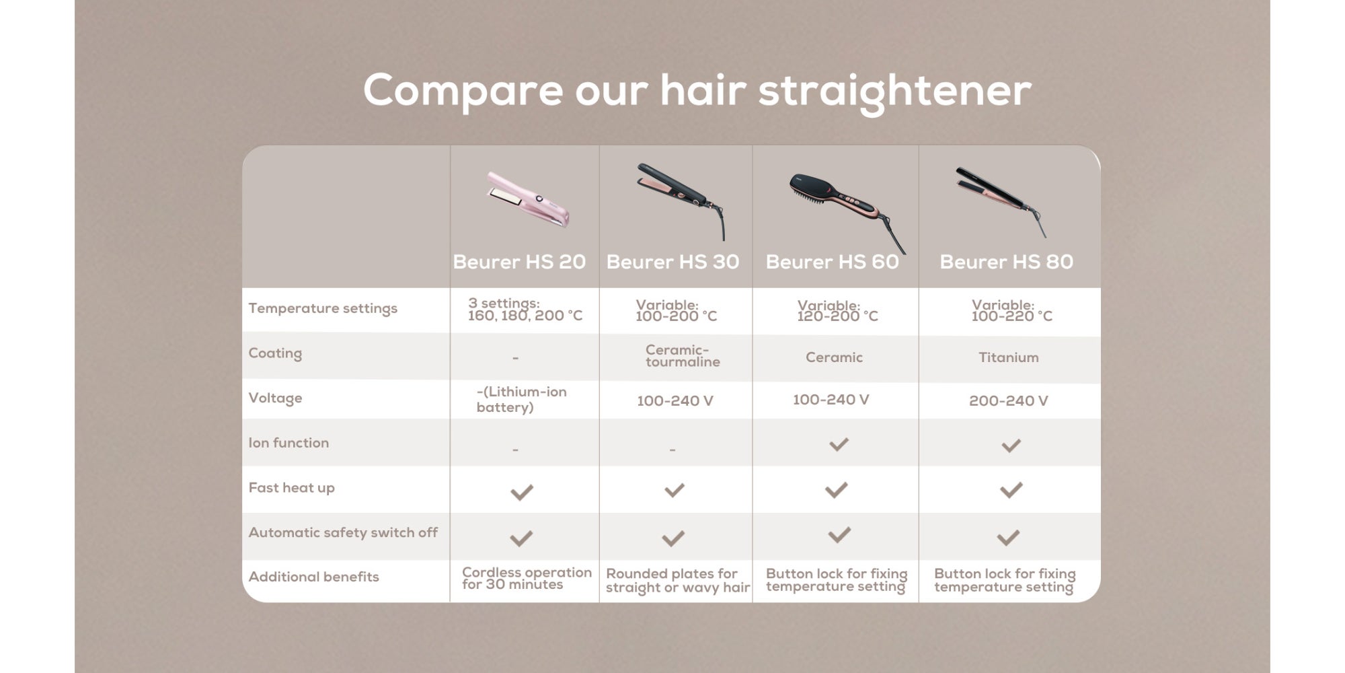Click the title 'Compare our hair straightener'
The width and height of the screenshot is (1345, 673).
[x=697, y=92]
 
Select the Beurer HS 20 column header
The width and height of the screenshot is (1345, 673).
[x=519, y=262]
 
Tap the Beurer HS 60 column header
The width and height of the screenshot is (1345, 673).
[x=832, y=262]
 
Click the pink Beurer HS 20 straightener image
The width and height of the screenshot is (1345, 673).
[x=529, y=199]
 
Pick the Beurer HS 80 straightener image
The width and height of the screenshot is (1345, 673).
[x=1001, y=201]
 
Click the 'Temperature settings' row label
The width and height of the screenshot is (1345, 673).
[x=323, y=309]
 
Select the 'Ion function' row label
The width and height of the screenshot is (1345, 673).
[x=289, y=443]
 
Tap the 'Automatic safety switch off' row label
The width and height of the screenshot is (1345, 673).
[x=343, y=532]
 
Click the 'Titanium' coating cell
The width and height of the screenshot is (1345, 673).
[x=1008, y=357]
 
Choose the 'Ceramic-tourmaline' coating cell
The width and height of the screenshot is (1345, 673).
[x=682, y=356]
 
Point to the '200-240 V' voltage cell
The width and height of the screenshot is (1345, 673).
[x=1008, y=401]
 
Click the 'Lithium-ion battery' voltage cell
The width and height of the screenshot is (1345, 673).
[x=521, y=400]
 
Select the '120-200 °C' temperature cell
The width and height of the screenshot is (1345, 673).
[x=837, y=311]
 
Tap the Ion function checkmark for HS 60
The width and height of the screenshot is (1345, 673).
[x=839, y=444]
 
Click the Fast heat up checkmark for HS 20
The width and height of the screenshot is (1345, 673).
[x=522, y=492]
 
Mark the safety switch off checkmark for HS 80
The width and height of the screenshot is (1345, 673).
[x=1008, y=537]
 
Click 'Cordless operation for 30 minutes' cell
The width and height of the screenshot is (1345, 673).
[x=527, y=579]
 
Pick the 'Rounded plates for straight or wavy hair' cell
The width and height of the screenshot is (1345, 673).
[x=677, y=581]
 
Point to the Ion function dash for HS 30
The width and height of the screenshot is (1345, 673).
[x=672, y=450]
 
